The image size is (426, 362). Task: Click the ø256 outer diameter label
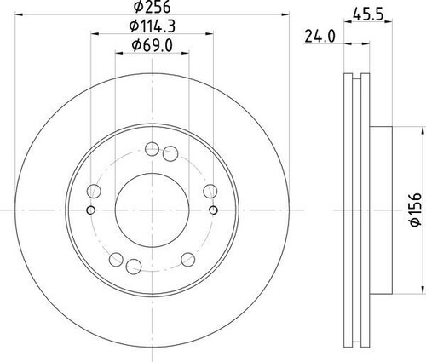(150, 9)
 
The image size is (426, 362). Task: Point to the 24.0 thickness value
(317, 36)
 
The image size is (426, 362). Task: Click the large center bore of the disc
(150, 208)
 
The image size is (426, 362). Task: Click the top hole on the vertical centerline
(151, 147)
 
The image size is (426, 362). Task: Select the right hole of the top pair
(169, 153)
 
